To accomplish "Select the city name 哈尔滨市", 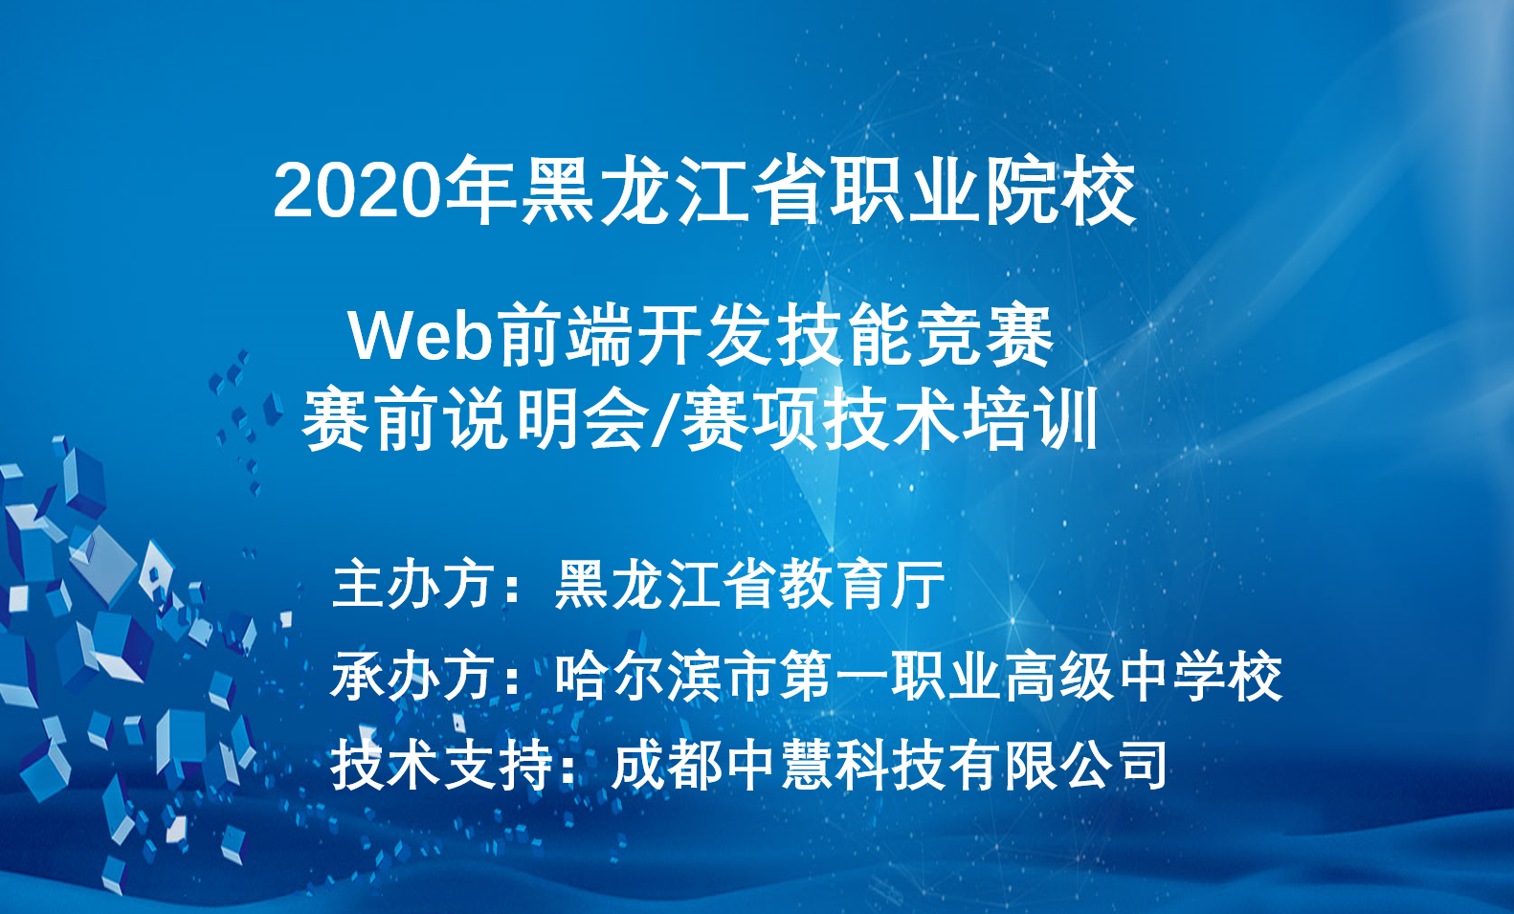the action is pos(666,675).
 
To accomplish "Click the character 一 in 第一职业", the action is pos(860,676).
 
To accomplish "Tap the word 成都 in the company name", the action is pos(668,766).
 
